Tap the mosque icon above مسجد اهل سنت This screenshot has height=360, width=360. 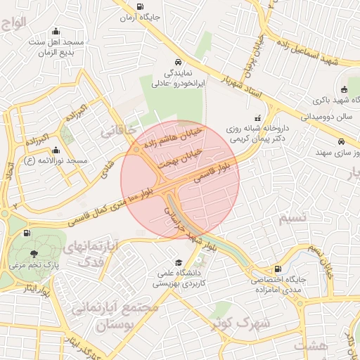point(56,32)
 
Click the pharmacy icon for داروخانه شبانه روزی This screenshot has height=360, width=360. point(257,117)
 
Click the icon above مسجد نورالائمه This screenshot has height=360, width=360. point(56,150)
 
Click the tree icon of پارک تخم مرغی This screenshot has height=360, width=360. point(34,253)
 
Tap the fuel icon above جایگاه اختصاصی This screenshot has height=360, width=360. point(278,269)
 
